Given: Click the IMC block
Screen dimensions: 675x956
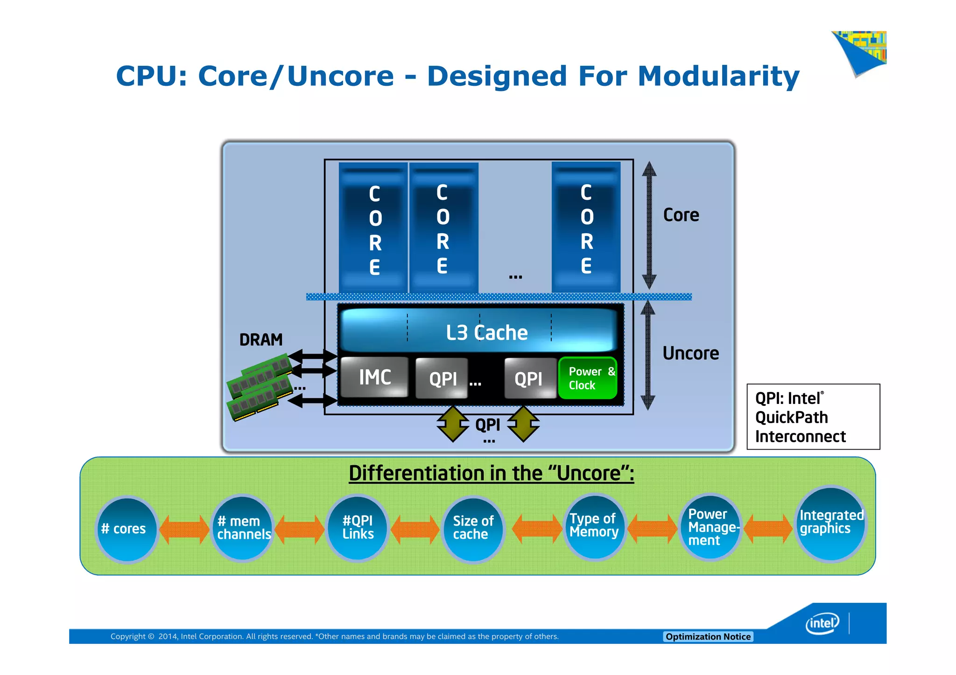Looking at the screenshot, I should coord(374,377).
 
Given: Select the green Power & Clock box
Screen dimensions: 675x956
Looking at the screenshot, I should coord(588,378).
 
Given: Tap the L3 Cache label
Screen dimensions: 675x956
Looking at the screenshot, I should coord(486,333).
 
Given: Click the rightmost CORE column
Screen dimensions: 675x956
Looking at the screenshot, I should coord(586,228).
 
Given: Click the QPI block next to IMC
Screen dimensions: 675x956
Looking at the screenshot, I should coord(442,378).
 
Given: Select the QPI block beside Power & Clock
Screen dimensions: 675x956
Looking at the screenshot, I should coord(529,378).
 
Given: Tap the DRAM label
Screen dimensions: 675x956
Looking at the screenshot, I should coord(261,340).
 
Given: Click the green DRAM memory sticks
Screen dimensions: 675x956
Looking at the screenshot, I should coord(260,386).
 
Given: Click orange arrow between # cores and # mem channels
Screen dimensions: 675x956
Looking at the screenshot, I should coord(184,529).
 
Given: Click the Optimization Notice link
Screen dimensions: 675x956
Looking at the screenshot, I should coord(708,636).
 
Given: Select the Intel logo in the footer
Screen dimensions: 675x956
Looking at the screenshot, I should coord(822,623).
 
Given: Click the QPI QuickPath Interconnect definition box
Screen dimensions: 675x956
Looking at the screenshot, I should coord(813,417).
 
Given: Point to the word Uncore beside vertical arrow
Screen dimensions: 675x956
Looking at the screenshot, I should coord(690,353).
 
